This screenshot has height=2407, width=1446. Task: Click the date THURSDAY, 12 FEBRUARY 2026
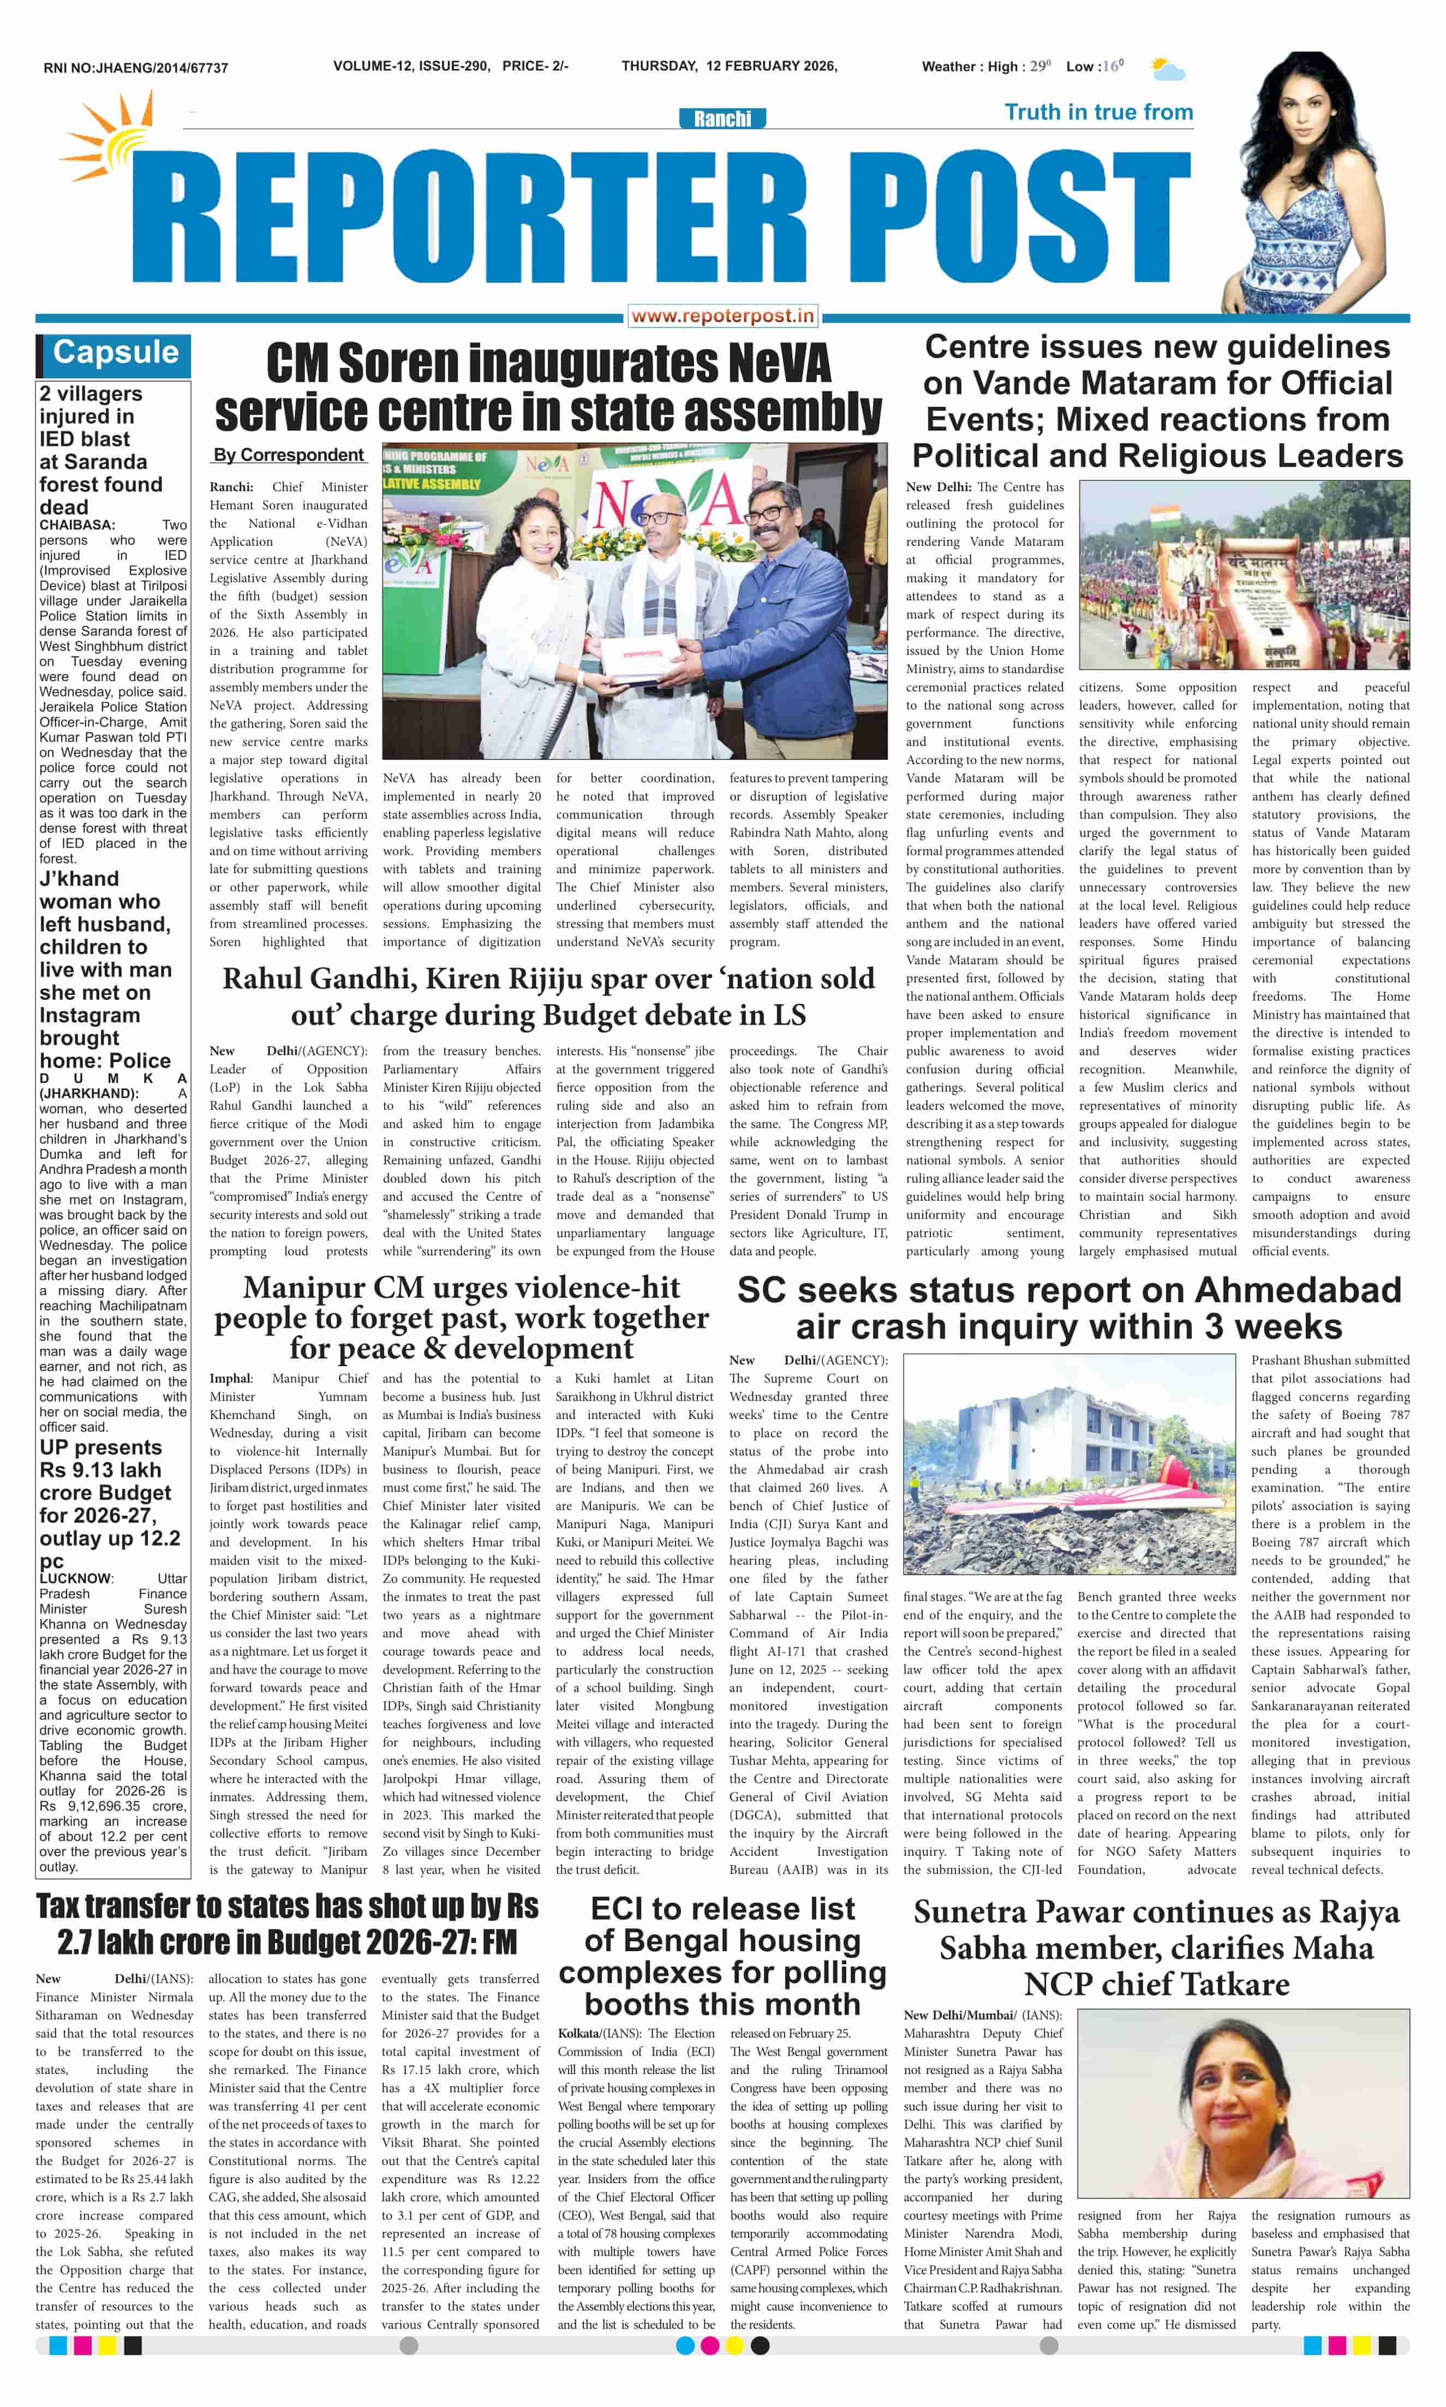coord(729,66)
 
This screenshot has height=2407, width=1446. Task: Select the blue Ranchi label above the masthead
coord(722,119)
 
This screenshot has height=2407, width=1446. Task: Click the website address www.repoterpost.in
coord(722,315)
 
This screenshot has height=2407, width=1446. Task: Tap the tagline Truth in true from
coord(1098,112)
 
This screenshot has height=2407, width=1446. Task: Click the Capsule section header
coord(115,353)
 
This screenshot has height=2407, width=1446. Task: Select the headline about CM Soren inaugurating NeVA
coord(548,388)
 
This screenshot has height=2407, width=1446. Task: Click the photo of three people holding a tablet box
coord(634,601)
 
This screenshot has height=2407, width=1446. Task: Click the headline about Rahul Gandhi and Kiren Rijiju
coord(548,996)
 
